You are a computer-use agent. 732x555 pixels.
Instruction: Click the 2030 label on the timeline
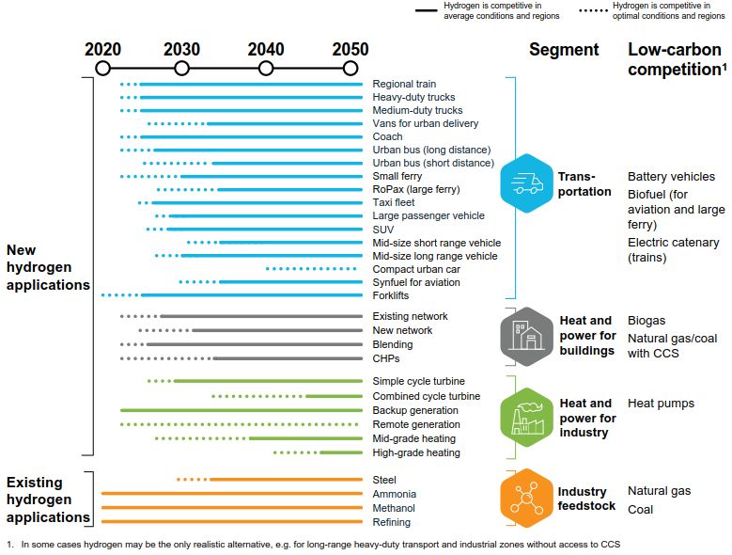pos(181,50)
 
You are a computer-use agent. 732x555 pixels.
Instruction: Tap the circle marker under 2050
pos(350,68)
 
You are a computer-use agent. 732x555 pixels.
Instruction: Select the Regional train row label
pos(404,84)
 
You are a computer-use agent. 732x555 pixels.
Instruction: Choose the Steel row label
pos(384,480)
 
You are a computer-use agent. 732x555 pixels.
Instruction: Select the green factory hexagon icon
pos(526,417)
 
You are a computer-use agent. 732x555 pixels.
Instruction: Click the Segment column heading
pos(564,50)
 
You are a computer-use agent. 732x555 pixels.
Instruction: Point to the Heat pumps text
pos(661,404)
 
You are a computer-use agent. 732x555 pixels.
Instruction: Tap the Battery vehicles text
pos(671,177)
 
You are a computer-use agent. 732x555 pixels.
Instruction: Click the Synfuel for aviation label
pos(416,282)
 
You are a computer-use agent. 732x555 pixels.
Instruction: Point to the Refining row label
pos(391,522)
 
